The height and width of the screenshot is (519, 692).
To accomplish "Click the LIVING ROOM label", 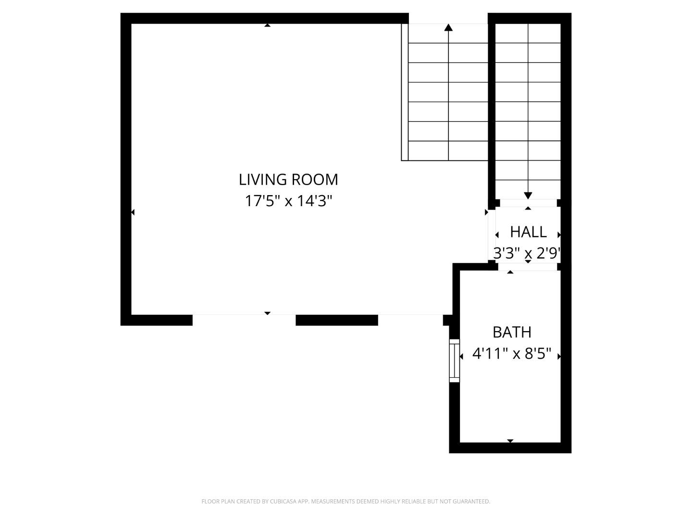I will click(x=288, y=179).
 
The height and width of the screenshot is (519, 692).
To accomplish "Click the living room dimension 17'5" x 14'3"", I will click(x=288, y=200).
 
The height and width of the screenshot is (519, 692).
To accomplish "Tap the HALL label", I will click(x=528, y=232).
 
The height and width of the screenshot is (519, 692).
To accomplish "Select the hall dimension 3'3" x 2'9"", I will click(x=527, y=253).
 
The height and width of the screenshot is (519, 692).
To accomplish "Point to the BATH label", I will click(x=512, y=332).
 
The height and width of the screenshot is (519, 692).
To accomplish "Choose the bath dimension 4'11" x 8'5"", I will click(x=512, y=354).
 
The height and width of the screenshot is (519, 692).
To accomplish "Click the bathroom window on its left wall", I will click(x=454, y=360).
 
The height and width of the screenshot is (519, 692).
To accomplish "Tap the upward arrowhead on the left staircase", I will click(x=448, y=27).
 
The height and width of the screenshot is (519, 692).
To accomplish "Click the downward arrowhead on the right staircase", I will click(x=528, y=195).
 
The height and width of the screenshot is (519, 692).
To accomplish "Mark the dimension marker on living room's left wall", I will click(x=133, y=212).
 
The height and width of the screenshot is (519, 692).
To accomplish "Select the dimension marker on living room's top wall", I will click(x=267, y=25).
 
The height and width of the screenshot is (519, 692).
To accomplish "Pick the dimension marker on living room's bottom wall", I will click(x=267, y=313).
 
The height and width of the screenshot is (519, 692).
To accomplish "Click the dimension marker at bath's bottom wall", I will click(x=510, y=441).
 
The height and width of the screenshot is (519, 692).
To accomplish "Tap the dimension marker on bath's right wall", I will click(x=559, y=356).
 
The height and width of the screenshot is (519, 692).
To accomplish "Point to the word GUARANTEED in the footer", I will click(x=471, y=501).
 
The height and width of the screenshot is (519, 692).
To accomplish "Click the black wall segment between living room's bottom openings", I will click(x=336, y=320).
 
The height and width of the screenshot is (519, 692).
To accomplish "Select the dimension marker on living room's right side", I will click(x=486, y=212).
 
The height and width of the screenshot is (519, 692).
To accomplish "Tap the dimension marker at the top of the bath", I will click(x=510, y=272).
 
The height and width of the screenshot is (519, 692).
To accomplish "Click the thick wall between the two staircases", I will click(x=492, y=106).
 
